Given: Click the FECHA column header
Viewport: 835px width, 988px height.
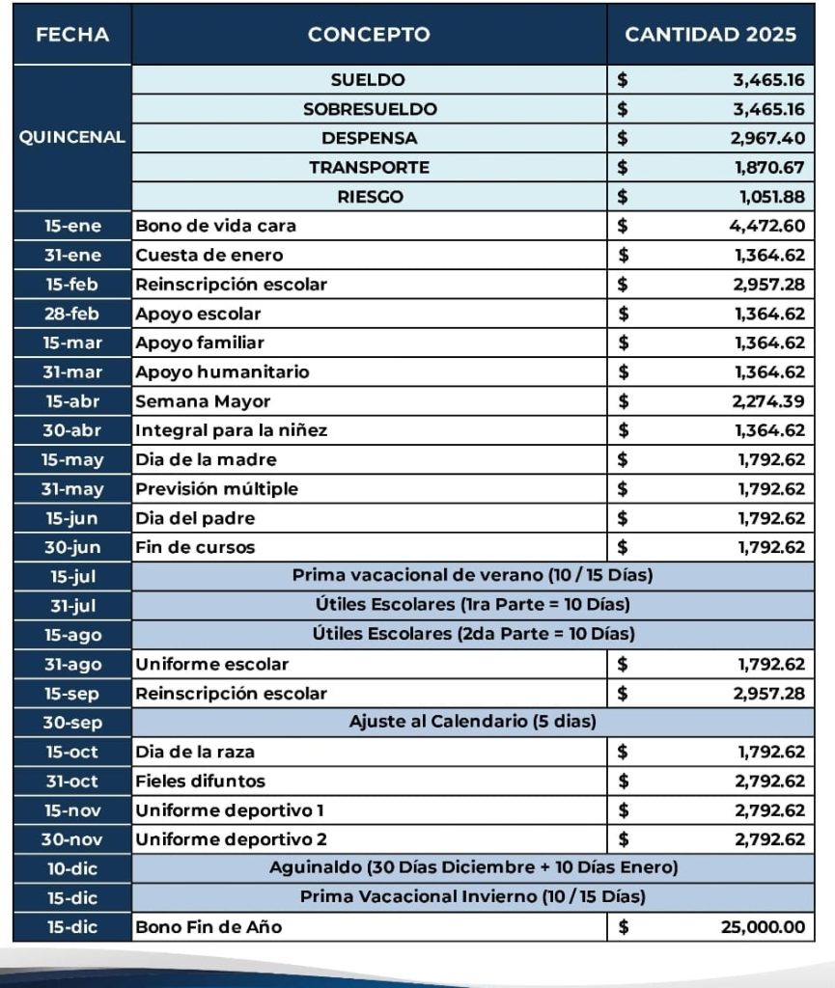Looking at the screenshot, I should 71,35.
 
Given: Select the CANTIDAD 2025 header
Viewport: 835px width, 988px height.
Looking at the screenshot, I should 710,35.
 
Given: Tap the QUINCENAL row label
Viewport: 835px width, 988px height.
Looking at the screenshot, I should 71,137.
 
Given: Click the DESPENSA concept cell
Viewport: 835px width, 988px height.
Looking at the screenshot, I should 369,138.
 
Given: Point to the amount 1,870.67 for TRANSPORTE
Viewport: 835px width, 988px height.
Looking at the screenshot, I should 768,167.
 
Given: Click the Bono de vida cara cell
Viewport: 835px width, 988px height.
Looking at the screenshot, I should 215,226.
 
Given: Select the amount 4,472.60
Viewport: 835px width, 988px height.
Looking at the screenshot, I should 768,226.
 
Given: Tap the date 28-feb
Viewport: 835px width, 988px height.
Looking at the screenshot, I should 71,314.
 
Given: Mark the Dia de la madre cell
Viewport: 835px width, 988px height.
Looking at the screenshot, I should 206,459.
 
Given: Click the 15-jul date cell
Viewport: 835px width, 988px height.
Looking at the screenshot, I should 71,577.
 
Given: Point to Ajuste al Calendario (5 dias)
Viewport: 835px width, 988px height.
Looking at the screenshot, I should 472,722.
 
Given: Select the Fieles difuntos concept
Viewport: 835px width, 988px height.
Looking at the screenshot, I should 200,781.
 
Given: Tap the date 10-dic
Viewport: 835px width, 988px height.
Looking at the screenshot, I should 71,868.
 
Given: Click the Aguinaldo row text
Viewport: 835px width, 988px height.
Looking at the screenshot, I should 472,868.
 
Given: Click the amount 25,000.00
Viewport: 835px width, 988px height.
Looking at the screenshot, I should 763,927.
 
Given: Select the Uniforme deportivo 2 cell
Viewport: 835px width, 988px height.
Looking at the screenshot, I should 231,839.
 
